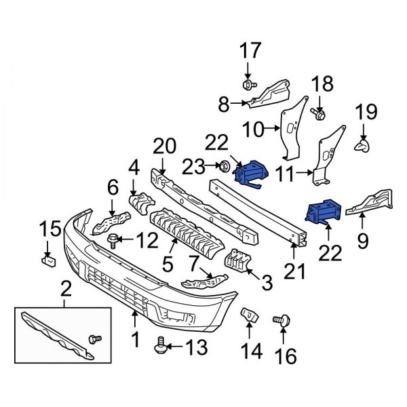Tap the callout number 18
pyautogui.click(x=323, y=85)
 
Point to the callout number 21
pyautogui.click(x=294, y=271)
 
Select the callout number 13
pyautogui.click(x=195, y=348)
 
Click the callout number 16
pyautogui.click(x=287, y=355)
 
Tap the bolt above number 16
pyautogui.click(x=279, y=319)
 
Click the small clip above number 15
pyautogui.click(x=47, y=258)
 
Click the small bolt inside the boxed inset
pyautogui.click(x=95, y=337)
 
